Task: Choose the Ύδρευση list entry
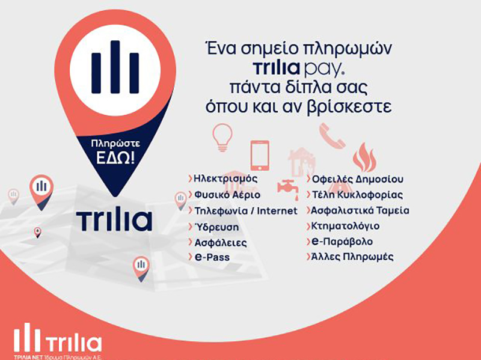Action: pos(216,227)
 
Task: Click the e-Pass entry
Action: pos(212,257)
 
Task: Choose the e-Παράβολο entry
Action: pos(342,242)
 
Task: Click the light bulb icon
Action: pos(222,137)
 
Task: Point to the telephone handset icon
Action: pos(332,136)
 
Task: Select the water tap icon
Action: pos(288,187)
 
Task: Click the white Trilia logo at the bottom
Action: pos(58,340)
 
